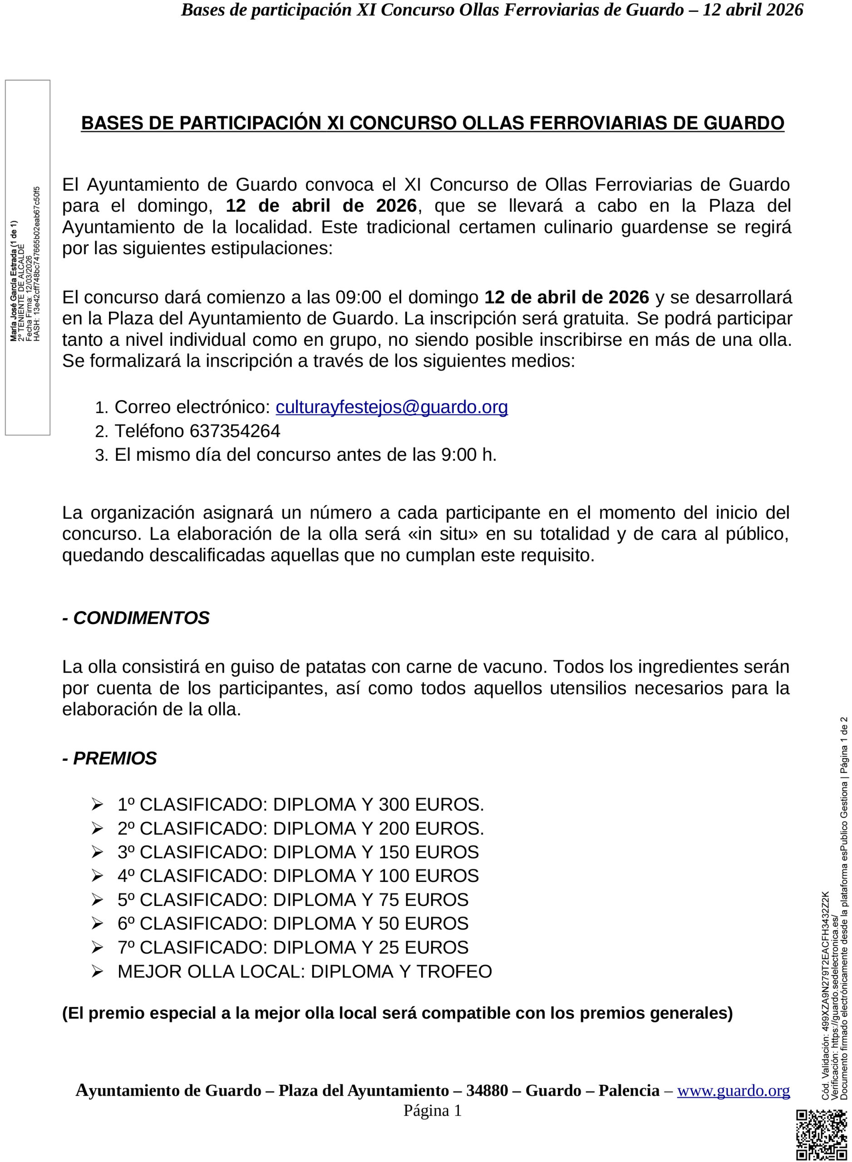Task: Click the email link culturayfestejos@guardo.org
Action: [391, 407]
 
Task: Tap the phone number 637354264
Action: [235, 431]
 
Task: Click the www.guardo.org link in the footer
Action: [733, 1090]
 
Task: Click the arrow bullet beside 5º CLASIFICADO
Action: [97, 900]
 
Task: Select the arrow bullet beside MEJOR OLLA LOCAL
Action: [97, 972]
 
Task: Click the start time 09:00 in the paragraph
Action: [358, 298]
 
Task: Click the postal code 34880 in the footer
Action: [487, 1090]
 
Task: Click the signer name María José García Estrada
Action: [14, 281]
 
